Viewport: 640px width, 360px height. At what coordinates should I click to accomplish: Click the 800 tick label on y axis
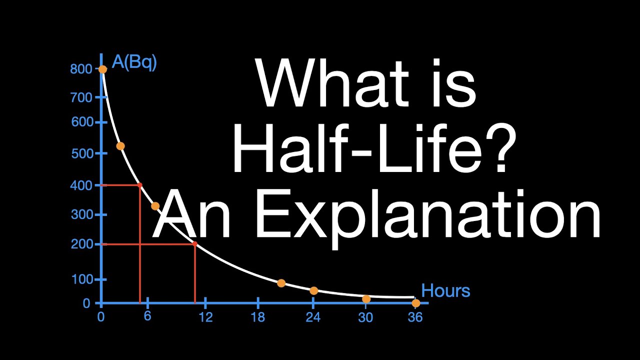[x=81, y=69]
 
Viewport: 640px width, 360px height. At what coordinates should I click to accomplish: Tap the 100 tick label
[x=81, y=280]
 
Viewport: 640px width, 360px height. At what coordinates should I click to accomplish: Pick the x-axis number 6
[x=147, y=317]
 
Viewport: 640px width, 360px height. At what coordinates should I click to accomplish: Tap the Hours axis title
[x=445, y=290]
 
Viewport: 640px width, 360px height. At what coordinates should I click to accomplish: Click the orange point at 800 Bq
[x=102, y=69]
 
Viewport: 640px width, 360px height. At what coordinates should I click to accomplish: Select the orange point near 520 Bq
[x=120, y=146]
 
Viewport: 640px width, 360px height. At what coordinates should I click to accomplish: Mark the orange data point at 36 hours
[x=415, y=303]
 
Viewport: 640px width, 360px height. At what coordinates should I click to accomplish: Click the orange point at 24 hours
[x=313, y=290]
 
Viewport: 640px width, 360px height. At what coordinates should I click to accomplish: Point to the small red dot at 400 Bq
[x=139, y=185]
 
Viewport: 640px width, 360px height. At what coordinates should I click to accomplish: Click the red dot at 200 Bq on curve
[x=194, y=244]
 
